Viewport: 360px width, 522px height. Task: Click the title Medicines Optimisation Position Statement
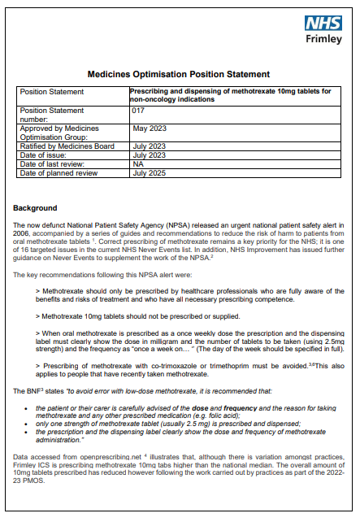click(178, 73)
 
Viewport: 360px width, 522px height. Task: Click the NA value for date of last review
click(137, 165)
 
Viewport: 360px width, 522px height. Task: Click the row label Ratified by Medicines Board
click(68, 146)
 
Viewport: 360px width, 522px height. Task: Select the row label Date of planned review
click(61, 173)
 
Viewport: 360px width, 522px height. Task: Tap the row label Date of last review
click(55, 165)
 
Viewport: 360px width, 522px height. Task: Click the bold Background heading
click(35, 208)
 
